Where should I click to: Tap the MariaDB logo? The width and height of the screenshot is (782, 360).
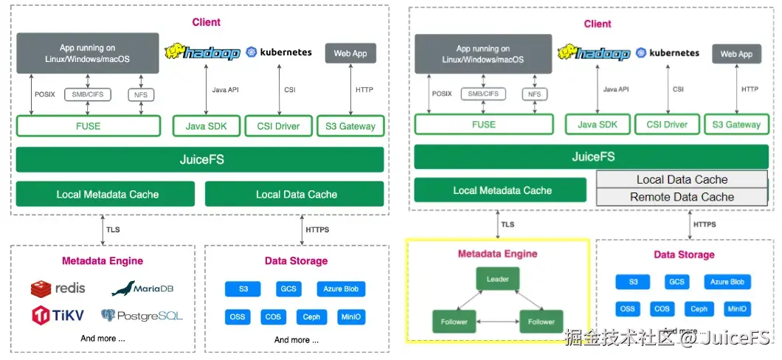coord(142,288)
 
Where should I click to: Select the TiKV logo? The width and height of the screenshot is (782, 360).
coord(58,316)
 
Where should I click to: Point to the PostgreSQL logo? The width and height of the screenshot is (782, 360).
coord(142,316)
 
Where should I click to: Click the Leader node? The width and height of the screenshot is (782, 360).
coord(497,280)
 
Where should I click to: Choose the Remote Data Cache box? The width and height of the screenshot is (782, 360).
coord(682,197)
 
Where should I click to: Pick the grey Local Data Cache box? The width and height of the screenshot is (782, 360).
coord(682,179)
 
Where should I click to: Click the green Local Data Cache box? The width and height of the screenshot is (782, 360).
coord(294,194)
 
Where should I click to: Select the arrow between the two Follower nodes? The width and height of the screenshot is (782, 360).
coord(497,322)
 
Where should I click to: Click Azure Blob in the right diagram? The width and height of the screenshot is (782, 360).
coord(727,282)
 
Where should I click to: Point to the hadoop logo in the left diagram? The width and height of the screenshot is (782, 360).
coord(202,52)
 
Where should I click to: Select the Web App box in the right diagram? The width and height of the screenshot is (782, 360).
coord(736,54)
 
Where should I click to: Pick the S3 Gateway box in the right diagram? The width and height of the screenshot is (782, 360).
coord(736,125)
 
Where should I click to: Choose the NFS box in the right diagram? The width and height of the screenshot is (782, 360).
coord(534,94)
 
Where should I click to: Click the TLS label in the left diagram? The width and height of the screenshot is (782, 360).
coord(112,230)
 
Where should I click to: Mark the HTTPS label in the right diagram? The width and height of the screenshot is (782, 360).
coord(705,224)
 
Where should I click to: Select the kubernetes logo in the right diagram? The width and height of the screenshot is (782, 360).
coord(668,53)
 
